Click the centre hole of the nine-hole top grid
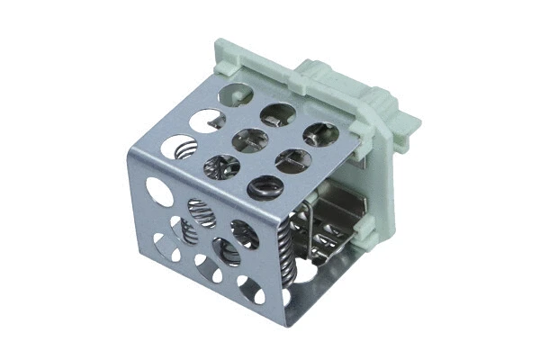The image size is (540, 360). tap(251, 139)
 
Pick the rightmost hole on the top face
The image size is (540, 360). tap(320, 134)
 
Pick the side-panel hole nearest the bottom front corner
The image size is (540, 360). tap(250, 290)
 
